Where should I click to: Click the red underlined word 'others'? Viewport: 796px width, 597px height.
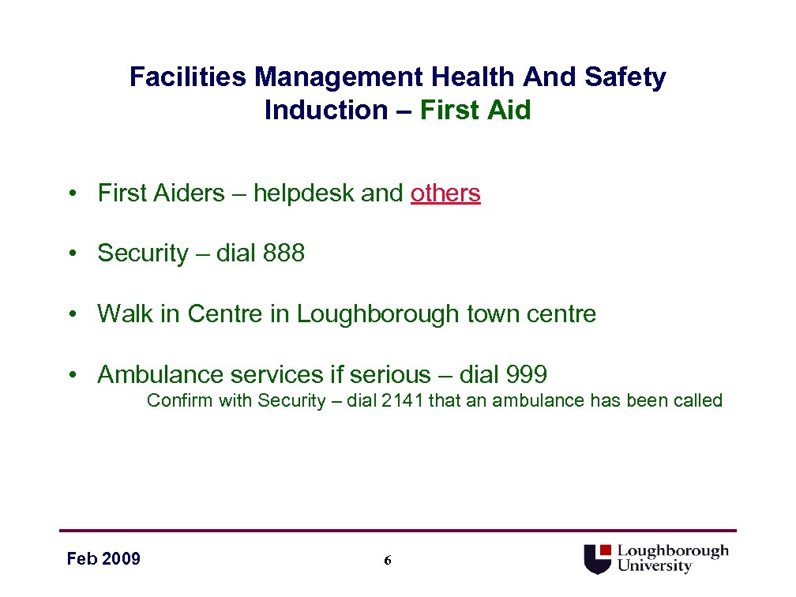pos(445,193)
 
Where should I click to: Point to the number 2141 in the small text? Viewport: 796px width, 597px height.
pos(402,400)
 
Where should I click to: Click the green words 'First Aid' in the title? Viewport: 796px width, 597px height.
pos(475,110)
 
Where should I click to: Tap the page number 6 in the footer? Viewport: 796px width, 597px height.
pos(387,561)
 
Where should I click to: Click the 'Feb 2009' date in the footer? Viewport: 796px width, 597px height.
pos(103,559)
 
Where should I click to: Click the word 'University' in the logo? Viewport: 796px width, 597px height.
pos(654,566)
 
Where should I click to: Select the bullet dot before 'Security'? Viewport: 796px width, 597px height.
pos(72,254)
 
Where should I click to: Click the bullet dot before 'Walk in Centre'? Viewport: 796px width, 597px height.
pos(72,315)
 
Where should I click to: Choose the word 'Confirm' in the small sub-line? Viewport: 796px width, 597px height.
pos(179,400)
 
